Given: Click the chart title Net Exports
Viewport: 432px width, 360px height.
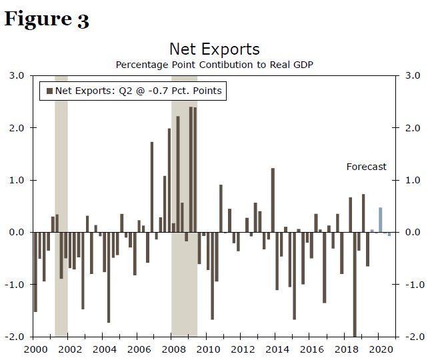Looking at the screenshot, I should point(214,49).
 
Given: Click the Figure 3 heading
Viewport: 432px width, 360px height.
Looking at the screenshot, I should point(47,19).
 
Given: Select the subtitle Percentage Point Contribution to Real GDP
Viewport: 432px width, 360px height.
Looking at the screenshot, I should point(214,65).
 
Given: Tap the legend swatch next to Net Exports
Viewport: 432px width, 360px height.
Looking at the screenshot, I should point(49,91).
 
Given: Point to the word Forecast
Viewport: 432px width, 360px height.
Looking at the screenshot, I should point(366,167).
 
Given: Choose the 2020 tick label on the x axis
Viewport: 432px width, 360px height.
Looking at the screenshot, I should point(380,349).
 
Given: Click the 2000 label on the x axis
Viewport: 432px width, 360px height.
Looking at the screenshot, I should point(35,349).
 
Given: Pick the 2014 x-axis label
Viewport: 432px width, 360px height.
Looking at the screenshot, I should point(276,349).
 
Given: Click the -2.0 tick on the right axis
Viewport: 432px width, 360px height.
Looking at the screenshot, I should point(411,337).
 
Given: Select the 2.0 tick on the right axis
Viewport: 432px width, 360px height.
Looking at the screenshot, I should point(412,128).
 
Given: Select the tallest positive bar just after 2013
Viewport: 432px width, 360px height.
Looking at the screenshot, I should point(273,200).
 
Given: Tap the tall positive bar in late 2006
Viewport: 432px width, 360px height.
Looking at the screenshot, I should point(152,187).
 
